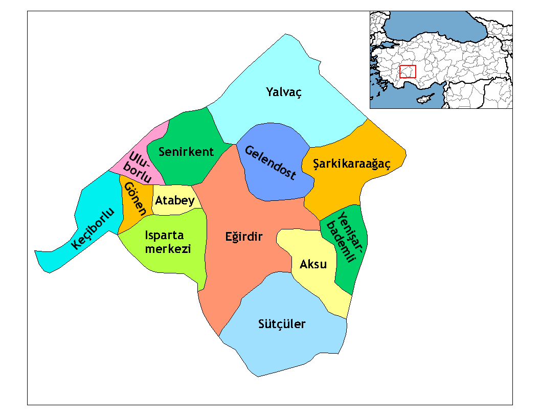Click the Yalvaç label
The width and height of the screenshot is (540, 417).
(284, 92)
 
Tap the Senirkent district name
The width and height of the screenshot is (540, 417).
(186, 152)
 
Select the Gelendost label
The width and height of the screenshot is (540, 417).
(270, 163)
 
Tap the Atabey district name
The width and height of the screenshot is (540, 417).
(175, 200)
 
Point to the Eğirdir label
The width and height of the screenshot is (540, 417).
(243, 237)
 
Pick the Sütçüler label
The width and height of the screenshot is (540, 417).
(282, 324)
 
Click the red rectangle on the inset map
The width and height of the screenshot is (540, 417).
(408, 72)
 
